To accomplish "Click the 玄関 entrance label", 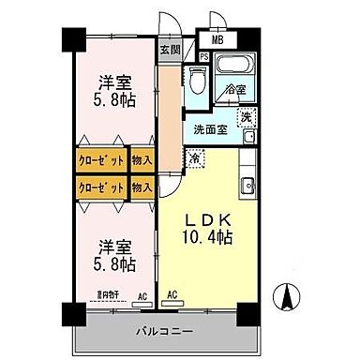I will tap(169, 51).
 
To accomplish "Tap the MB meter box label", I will tap(217, 40).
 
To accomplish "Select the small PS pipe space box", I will tap(203, 56).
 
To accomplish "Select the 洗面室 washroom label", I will tap(211, 130).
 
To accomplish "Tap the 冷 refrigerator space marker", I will tap(195, 158).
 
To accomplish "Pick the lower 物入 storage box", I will tap(142, 187).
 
